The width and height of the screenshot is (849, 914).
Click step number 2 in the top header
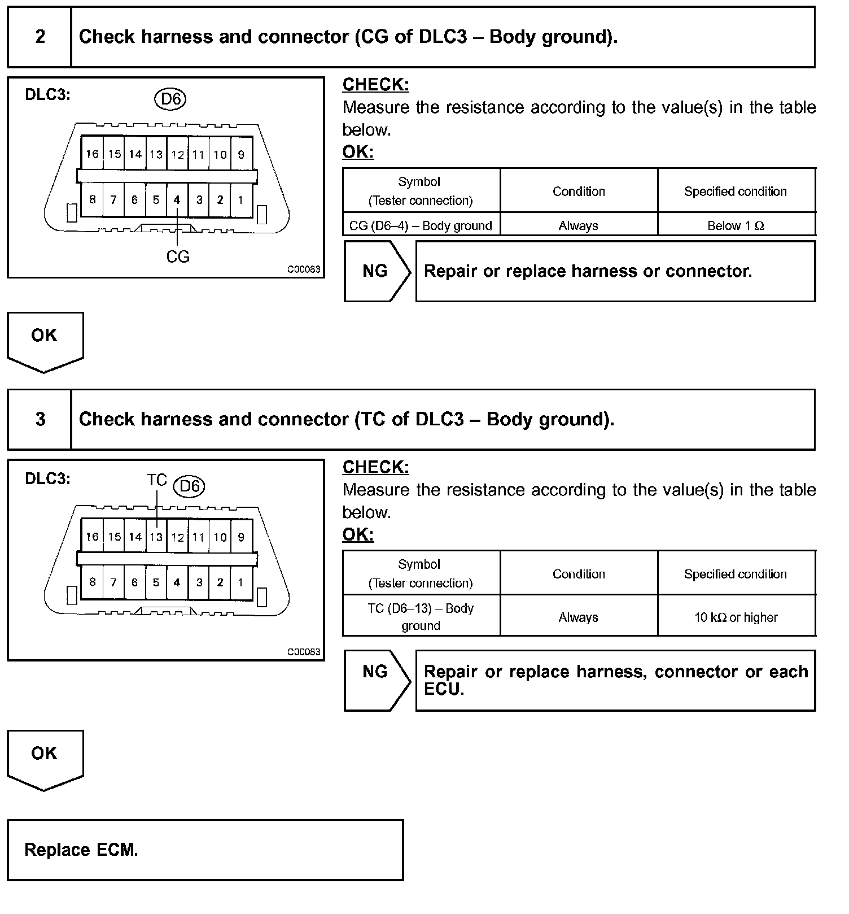[x=40, y=37]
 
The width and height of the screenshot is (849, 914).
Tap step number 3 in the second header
[x=40, y=419]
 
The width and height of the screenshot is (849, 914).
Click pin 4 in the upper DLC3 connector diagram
[x=177, y=200]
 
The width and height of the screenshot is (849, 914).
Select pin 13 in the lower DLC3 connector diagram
[x=156, y=537]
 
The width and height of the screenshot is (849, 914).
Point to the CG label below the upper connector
[x=178, y=257]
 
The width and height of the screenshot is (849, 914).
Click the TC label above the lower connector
[x=156, y=480]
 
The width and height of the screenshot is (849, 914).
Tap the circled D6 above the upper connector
[x=170, y=99]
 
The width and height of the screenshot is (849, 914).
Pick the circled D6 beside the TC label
[x=189, y=486]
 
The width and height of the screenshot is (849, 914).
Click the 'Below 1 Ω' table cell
[x=736, y=226]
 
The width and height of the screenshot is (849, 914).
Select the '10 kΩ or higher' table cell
[x=736, y=617]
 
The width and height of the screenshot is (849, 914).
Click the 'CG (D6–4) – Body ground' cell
[x=421, y=226]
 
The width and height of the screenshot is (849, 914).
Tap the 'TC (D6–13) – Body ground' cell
[x=421, y=617]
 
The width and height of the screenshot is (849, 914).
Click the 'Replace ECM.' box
[x=205, y=850]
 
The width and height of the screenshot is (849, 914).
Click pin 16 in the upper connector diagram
[x=92, y=154]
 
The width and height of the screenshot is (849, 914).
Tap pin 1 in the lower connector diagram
[x=240, y=582]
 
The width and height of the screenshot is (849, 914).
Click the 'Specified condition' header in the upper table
[x=736, y=191]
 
